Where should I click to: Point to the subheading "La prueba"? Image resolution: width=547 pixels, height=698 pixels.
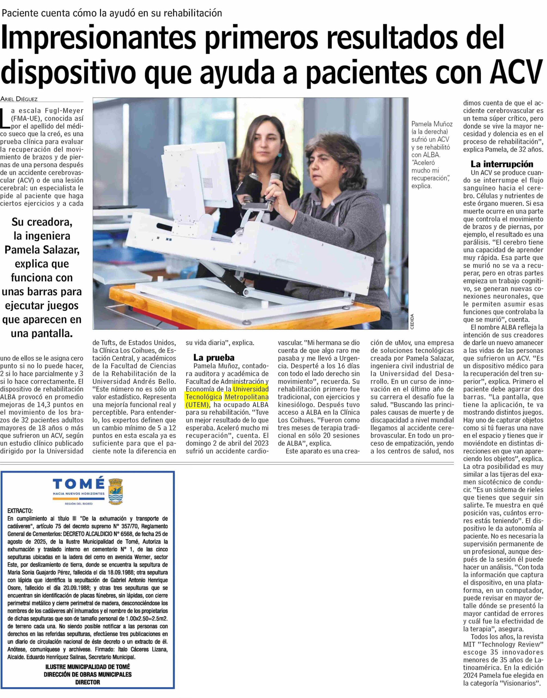click(214, 357)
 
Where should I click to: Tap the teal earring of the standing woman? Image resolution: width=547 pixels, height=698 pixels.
click(279, 155)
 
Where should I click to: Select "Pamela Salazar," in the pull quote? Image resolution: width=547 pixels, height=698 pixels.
click(42, 250)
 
